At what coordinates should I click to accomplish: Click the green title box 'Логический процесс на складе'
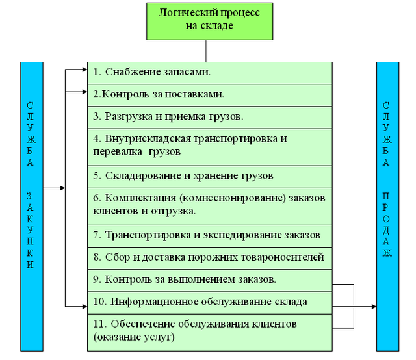(205, 20)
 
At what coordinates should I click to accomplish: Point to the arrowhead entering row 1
(84, 67)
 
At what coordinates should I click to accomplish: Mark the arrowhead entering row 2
(84, 91)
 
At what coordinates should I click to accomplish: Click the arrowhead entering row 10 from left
(84, 305)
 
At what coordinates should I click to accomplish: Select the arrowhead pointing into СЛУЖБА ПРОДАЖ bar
(373, 305)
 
